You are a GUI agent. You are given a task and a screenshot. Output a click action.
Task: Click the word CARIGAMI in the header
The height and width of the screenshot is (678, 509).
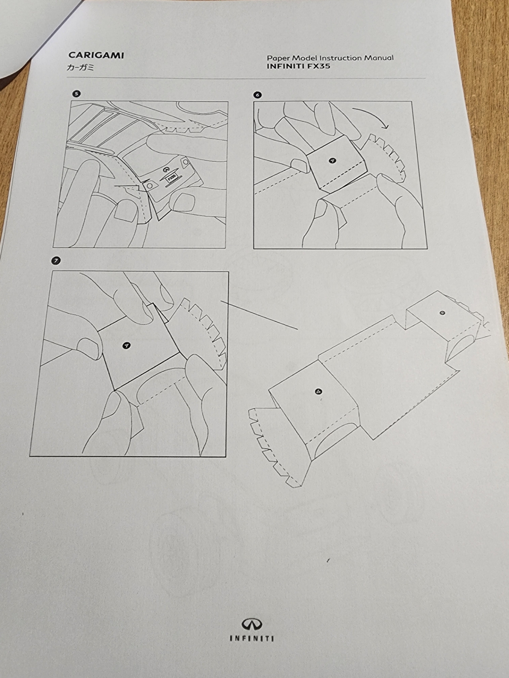(x=96, y=55)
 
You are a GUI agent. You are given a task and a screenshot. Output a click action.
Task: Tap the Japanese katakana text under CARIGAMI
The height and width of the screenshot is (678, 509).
(x=80, y=67)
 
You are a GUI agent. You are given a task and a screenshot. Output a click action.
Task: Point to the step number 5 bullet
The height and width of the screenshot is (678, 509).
(x=76, y=94)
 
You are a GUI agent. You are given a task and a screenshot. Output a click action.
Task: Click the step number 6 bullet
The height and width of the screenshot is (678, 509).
(x=257, y=95)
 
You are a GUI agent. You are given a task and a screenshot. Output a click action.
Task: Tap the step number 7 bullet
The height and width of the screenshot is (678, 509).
(x=55, y=261)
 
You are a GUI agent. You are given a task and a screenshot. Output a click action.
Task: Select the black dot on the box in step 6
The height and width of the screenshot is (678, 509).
(x=332, y=161)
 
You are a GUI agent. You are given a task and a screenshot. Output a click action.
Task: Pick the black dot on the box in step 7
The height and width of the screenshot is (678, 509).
(x=126, y=346)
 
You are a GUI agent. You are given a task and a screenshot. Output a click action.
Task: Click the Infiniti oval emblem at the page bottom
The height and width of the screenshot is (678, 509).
(x=252, y=624)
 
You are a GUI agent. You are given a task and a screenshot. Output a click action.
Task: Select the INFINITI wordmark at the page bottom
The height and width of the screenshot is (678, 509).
(x=252, y=638)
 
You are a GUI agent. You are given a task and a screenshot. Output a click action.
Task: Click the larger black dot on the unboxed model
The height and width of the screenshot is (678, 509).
(x=319, y=391)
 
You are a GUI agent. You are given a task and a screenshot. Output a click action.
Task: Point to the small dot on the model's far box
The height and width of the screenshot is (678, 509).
(x=443, y=313)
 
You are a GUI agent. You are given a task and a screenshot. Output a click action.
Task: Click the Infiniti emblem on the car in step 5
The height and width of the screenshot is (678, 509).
(x=165, y=169)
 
